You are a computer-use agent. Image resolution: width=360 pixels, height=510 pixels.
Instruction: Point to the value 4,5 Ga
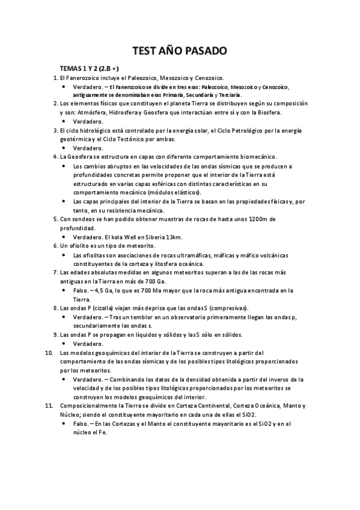point(102,290)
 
